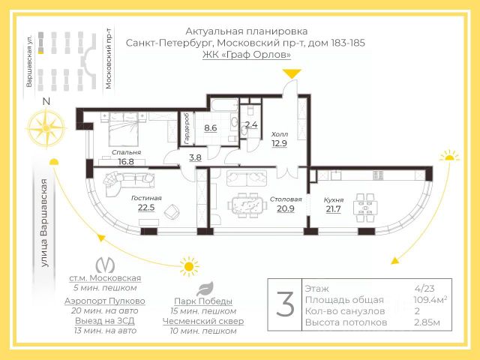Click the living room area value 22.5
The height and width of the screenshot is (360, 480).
(x=146, y=208)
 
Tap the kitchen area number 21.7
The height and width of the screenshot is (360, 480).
(x=333, y=209)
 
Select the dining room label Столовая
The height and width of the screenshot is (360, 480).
(x=286, y=199)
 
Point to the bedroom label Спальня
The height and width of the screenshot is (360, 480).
(x=126, y=152)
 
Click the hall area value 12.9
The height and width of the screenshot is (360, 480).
(x=279, y=143)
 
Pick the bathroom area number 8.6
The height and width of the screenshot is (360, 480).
(x=211, y=127)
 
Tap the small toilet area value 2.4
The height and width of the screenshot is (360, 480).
(x=251, y=124)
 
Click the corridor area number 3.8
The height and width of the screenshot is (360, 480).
(x=195, y=157)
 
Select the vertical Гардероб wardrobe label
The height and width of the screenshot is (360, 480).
(x=186, y=128)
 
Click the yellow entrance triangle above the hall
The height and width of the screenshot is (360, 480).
(x=292, y=73)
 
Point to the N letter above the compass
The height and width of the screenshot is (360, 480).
(x=46, y=101)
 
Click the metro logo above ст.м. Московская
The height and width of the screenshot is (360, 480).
(x=105, y=265)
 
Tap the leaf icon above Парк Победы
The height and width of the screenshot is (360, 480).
(x=205, y=289)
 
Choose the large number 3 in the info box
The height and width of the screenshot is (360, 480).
(x=285, y=304)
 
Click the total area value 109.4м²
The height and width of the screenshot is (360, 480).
(x=430, y=299)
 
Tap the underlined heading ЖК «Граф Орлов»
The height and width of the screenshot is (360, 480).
(x=247, y=55)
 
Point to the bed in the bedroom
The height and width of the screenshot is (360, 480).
(x=123, y=128)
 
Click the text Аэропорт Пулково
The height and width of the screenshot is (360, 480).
(x=105, y=301)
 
